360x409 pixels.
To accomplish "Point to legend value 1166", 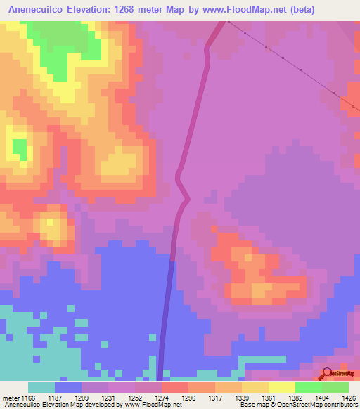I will click(26, 397).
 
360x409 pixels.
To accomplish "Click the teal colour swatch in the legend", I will click(41, 387).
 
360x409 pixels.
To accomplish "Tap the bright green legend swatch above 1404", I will click(309, 387).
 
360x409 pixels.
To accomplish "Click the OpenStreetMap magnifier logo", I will click(326, 374).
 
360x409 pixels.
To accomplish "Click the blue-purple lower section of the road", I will click(167, 316).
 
